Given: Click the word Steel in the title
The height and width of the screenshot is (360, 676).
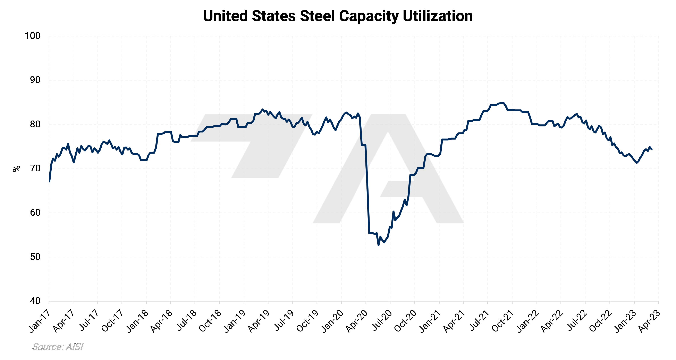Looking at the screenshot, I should [x=317, y=16].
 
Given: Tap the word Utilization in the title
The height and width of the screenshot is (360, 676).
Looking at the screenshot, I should [x=438, y=16].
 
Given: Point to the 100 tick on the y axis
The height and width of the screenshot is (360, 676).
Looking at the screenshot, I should [x=33, y=36].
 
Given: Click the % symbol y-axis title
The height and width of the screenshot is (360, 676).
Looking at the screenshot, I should [x=16, y=169].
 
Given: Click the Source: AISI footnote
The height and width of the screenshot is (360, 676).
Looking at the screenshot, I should [x=58, y=347].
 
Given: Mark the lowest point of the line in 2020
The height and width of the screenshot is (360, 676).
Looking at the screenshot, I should [x=378, y=245].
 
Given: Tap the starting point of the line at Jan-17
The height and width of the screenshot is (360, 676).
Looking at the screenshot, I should [x=49, y=181].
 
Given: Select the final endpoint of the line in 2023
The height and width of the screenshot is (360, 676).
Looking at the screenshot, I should [x=652, y=149].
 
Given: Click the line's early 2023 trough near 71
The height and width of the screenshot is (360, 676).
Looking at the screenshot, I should [x=637, y=163].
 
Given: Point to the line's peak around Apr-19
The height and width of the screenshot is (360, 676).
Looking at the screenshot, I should [x=262, y=109].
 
